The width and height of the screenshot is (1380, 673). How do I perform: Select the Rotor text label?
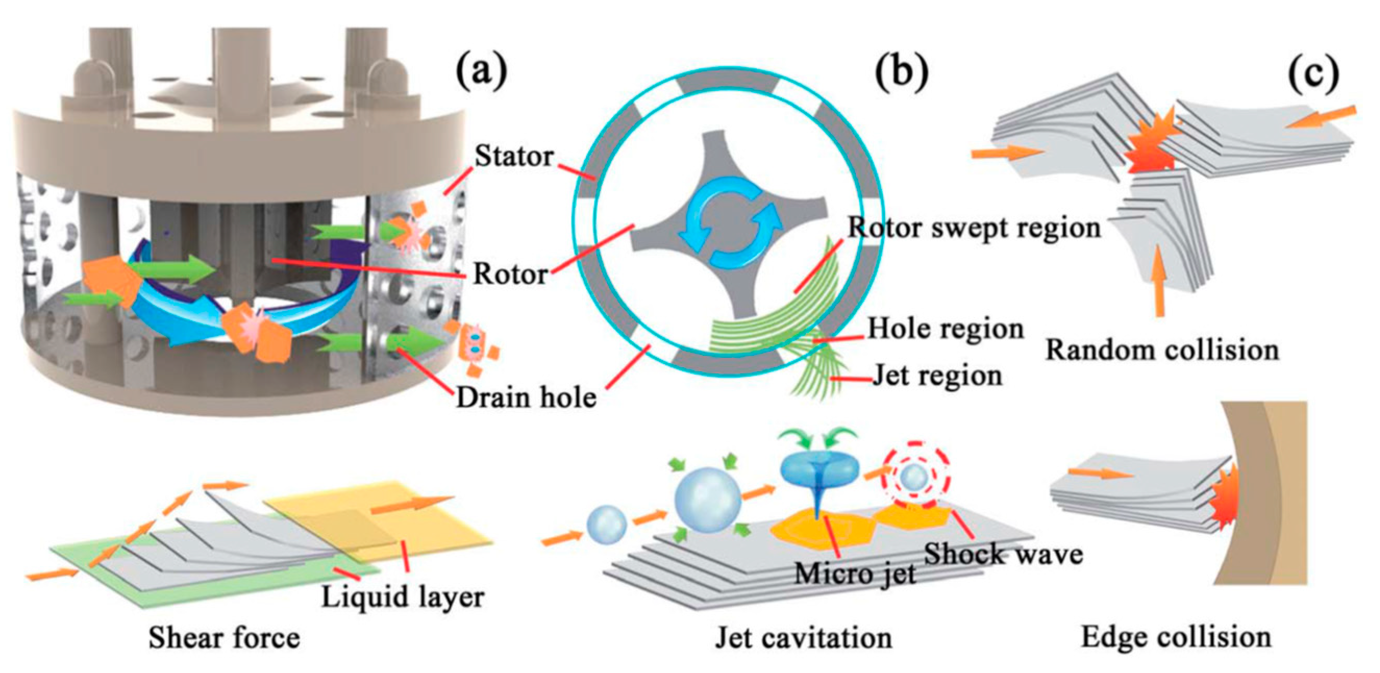click(511, 275)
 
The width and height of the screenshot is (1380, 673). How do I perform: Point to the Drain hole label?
click(526, 397)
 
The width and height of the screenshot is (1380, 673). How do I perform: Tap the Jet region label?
click(938, 376)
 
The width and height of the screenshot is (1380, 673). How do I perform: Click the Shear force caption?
click(224, 638)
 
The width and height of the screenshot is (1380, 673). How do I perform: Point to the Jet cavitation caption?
click(804, 638)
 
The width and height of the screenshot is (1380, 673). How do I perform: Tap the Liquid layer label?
click(403, 596)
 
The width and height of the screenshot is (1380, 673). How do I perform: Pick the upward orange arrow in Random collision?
click(1159, 279)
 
